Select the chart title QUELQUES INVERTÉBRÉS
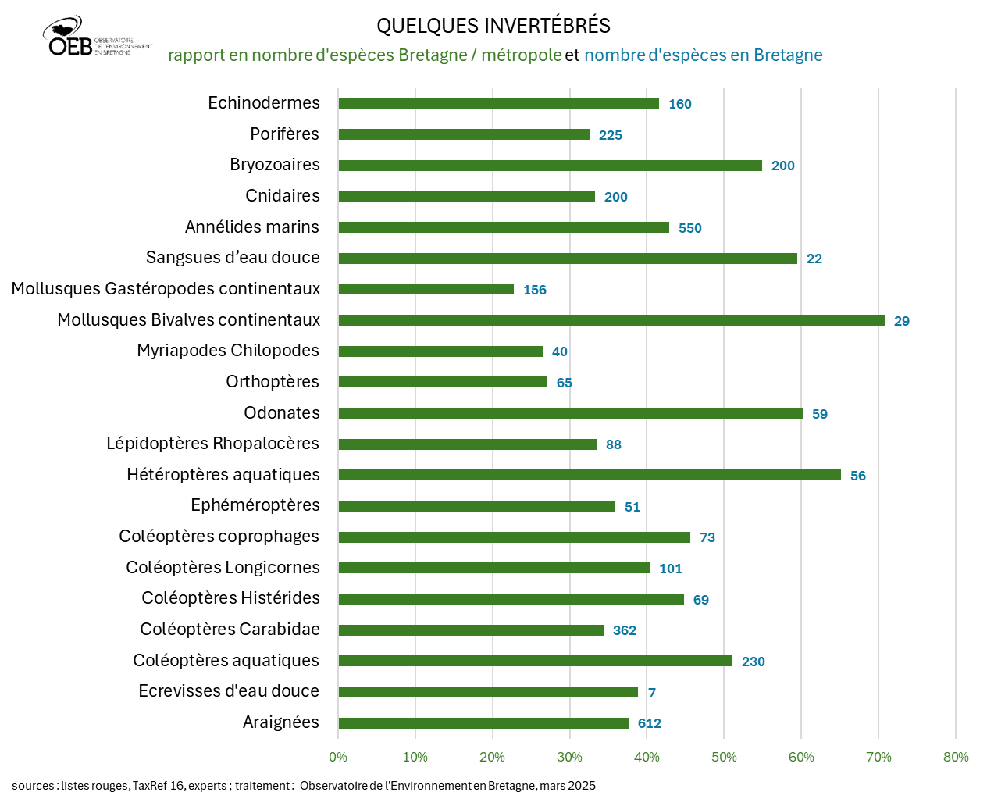click(494, 26)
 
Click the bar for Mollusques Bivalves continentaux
click(611, 320)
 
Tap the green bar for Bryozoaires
click(550, 166)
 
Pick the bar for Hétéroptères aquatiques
click(589, 475)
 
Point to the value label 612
click(650, 723)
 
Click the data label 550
click(690, 228)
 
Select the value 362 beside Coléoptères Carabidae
click(625, 630)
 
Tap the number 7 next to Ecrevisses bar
click(652, 693)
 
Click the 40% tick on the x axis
click(647, 757)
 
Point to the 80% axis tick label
click(956, 757)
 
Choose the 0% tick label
click(338, 757)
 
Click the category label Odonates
click(282, 412)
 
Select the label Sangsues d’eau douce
click(233, 258)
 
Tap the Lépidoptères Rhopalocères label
click(212, 444)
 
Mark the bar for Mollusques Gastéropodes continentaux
click(426, 289)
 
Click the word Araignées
click(281, 722)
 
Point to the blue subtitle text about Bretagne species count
click(703, 55)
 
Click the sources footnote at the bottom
click(304, 786)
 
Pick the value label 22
click(814, 259)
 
